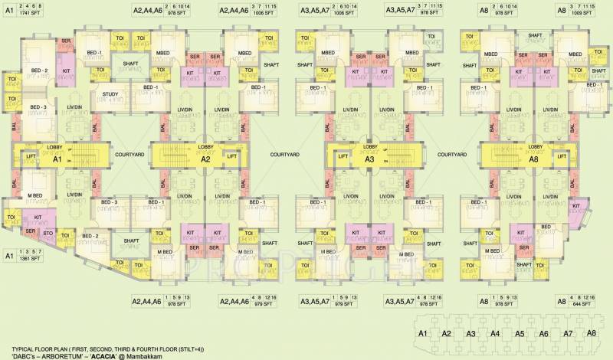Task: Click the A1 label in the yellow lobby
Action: pyautogui.click(x=56, y=160)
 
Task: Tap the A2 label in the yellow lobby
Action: pyautogui.click(x=205, y=160)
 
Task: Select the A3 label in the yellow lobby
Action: pyautogui.click(x=369, y=160)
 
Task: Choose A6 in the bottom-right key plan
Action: pyautogui.click(x=544, y=333)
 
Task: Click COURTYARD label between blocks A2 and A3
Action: pyautogui.click(x=284, y=154)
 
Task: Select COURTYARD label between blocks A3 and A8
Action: pyautogui.click(x=451, y=154)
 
